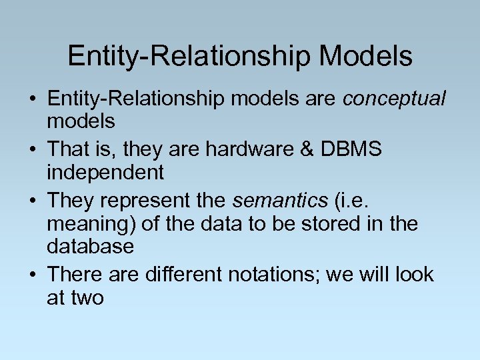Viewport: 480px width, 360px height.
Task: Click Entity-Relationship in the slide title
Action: [189, 56]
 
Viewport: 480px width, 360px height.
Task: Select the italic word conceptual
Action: [393, 99]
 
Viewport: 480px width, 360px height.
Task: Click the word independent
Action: [105, 173]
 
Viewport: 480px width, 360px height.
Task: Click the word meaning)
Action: [91, 224]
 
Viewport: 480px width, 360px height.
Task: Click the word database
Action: [90, 247]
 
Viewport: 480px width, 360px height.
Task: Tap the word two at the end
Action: [87, 297]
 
